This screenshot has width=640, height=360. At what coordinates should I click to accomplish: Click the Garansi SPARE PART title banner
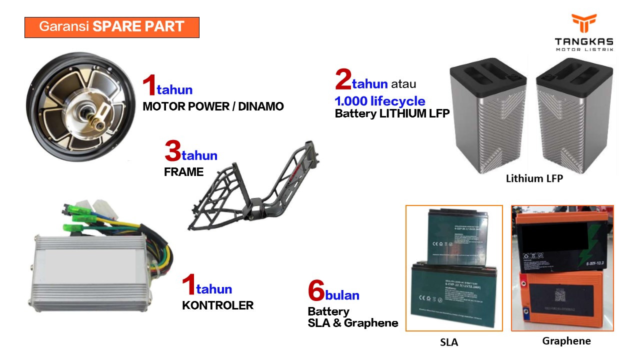coord(112,27)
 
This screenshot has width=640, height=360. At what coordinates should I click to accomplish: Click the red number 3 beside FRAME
coord(172,152)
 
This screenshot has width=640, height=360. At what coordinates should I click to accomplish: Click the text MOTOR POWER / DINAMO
coord(213,106)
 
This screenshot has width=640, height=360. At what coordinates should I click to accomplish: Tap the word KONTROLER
coord(217,305)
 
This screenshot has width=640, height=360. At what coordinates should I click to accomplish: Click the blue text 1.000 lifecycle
coord(380,101)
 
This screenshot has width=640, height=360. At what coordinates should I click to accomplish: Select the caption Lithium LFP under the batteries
coord(534,178)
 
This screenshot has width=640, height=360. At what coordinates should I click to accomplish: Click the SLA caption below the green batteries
coord(448,342)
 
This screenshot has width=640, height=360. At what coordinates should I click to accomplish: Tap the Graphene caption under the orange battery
coord(566,341)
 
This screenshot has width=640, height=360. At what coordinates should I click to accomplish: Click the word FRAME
coord(184,172)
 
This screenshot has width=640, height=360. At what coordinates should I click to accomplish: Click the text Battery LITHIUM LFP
coord(392,113)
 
